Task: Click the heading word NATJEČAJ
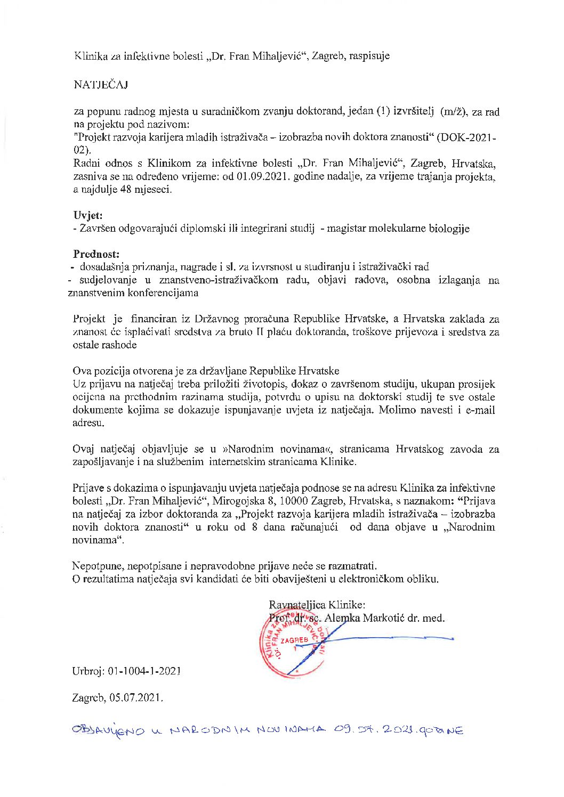pyautogui.click(x=101, y=85)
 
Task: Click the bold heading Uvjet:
pyautogui.click(x=88, y=215)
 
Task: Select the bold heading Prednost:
pyautogui.click(x=96, y=254)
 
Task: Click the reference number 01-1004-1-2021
pyautogui.click(x=144, y=671)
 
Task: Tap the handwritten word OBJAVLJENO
pyautogui.click(x=108, y=730)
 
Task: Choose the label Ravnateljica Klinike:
pyautogui.click(x=317, y=605)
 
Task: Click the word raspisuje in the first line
pyautogui.click(x=369, y=55)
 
